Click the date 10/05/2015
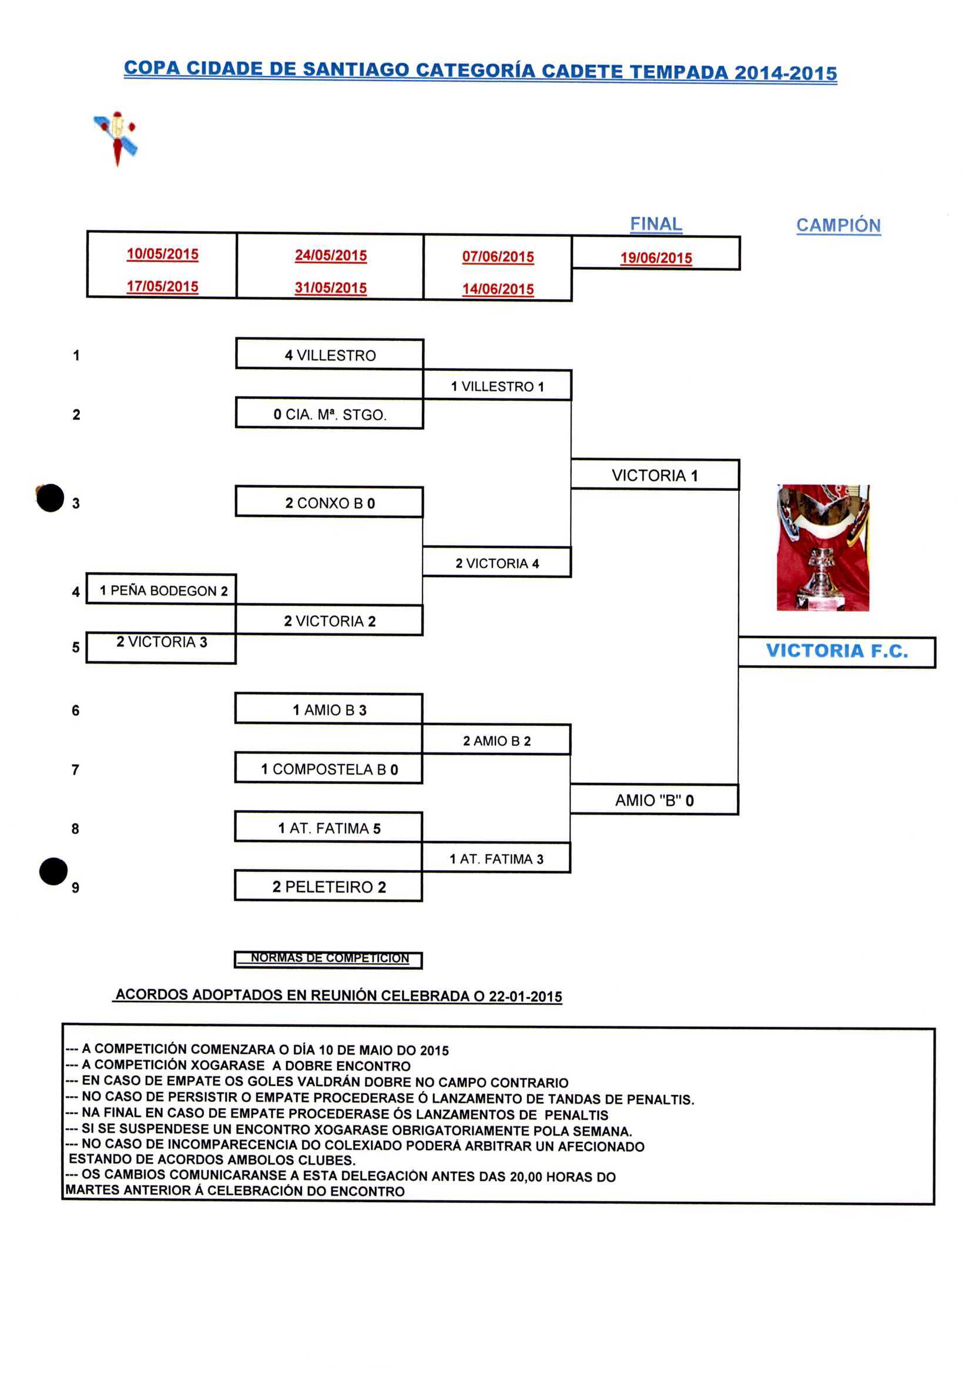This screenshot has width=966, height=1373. (x=162, y=254)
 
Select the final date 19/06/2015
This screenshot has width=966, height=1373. (x=656, y=258)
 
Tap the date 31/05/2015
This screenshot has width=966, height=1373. (x=331, y=287)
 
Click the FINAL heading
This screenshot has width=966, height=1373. (x=656, y=225)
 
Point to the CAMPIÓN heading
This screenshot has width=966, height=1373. (x=838, y=226)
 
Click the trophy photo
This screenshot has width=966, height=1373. (x=823, y=547)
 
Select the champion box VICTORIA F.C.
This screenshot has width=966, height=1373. (x=836, y=651)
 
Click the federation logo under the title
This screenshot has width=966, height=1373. (x=116, y=138)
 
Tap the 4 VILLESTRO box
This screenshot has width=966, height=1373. (x=330, y=355)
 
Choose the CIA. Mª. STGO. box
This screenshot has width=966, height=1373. (x=330, y=414)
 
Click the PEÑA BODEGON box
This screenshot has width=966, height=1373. (x=162, y=590)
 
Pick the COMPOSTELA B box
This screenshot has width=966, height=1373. (x=329, y=769)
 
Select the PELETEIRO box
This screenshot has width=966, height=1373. (x=329, y=886)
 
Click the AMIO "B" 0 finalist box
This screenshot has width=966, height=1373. (x=654, y=800)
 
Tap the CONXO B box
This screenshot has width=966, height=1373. (x=330, y=503)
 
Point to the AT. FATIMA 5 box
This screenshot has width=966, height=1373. (x=329, y=828)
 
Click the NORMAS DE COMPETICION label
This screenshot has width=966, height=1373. (x=329, y=958)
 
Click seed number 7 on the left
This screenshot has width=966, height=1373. (x=75, y=769)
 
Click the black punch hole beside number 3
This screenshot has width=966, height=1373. (x=50, y=497)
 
